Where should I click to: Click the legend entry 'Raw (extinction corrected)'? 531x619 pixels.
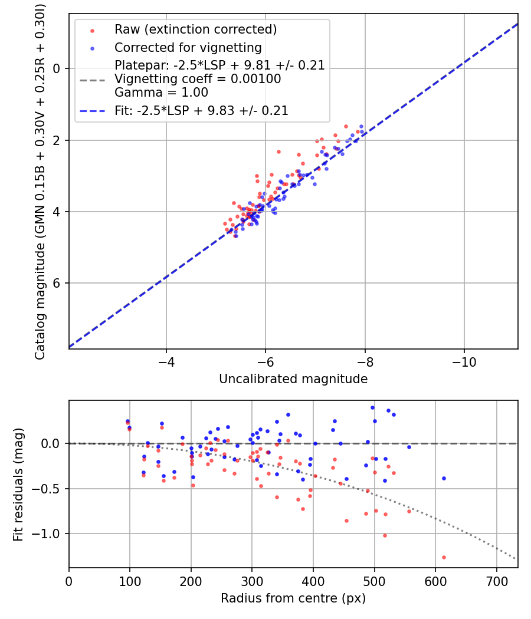[195, 29]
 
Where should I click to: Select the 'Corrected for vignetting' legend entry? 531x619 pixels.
[188, 48]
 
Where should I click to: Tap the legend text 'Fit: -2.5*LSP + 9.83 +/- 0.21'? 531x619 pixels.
[201, 110]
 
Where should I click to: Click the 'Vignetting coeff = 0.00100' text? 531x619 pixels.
[198, 79]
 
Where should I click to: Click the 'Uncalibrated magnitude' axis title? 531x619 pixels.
[293, 379]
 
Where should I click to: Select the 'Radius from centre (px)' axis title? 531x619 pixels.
[293, 598]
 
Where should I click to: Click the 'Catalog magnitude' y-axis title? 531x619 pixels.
[40, 180]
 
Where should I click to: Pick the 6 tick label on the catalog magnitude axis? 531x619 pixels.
[57, 284]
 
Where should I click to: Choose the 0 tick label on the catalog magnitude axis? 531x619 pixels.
[57, 68]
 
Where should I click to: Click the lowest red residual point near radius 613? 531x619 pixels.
[444, 557]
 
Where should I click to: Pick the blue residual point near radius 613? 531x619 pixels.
[444, 478]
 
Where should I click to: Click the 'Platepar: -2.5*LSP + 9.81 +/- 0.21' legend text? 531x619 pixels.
[219, 65]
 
